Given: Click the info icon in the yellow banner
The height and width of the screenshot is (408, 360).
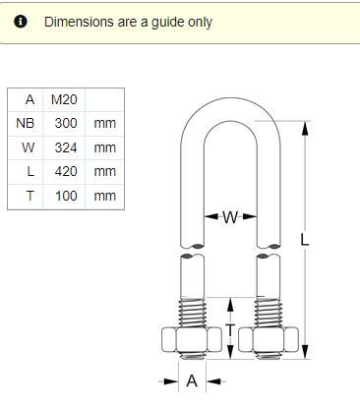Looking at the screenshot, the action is point(21,22).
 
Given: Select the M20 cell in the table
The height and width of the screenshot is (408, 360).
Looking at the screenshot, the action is point(64,99).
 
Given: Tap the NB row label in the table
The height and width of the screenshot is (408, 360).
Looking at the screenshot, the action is point(26,123).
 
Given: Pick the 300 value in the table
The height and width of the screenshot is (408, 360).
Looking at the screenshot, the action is point(66,123).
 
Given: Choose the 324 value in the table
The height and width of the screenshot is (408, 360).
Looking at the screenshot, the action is point(66,147).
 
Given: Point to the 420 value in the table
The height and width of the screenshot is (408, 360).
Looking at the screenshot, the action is point(66,171).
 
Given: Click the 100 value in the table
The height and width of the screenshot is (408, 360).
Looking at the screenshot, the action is point(66,196).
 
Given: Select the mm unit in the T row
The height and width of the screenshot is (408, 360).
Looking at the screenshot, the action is point(105,196).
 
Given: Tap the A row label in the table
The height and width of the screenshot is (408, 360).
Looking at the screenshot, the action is point(30,99).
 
